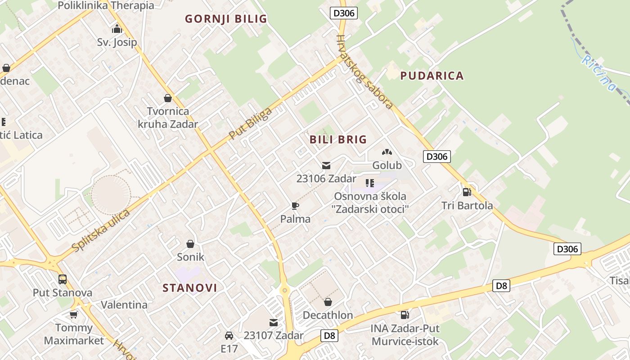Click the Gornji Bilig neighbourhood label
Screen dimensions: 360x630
226,18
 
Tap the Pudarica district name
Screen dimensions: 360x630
432,76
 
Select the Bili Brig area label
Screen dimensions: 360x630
338,139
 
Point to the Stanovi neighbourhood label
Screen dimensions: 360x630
189,288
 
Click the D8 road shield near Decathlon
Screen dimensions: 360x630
330,335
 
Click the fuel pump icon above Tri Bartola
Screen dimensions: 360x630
467,192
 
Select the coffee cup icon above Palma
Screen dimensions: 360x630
295,206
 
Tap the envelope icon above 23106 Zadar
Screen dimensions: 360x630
326,166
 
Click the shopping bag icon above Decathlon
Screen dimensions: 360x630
328,302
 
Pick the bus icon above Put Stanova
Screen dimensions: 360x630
62,279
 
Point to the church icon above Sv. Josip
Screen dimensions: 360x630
117,29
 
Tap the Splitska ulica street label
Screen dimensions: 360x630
101,230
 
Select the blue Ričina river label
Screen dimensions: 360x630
598,73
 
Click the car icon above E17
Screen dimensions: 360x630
229,336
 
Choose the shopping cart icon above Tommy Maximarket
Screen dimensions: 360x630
73,315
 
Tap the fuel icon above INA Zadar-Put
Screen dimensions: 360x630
405,315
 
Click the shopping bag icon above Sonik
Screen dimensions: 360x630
190,244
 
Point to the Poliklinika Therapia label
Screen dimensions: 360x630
106,5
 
